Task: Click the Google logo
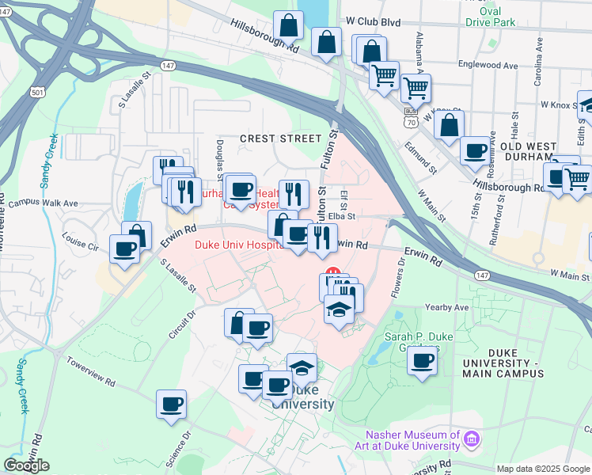(x=27, y=465)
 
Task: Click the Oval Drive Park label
(x=501, y=16)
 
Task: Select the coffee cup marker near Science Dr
(x=172, y=405)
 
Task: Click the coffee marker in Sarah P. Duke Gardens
(x=423, y=361)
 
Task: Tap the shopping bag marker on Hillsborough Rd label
(x=289, y=25)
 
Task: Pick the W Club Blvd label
(x=372, y=22)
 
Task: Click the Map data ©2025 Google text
(x=543, y=469)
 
